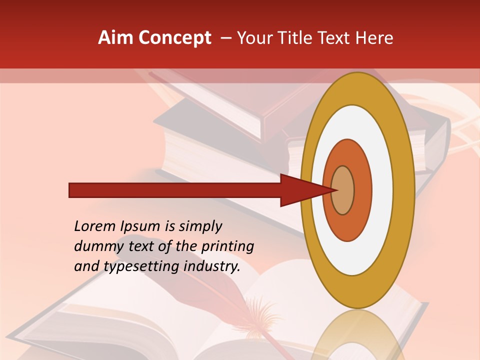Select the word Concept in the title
coord(175,38)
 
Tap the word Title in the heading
coord(296,38)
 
